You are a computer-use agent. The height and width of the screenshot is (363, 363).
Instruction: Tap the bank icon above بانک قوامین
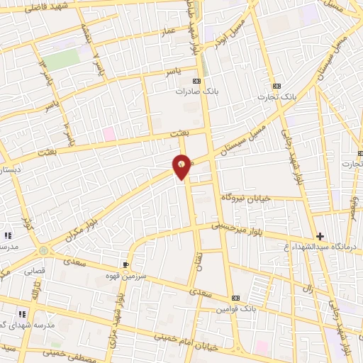click(236, 298)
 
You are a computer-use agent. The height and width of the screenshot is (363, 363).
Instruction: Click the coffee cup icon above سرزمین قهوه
click(126, 264)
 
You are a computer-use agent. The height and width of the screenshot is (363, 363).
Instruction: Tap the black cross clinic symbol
click(320, 235)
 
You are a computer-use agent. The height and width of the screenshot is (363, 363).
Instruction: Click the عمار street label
click(167, 32)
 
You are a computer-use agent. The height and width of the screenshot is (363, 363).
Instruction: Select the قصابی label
click(35, 272)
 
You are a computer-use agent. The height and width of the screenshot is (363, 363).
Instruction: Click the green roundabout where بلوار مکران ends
click(45, 250)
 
